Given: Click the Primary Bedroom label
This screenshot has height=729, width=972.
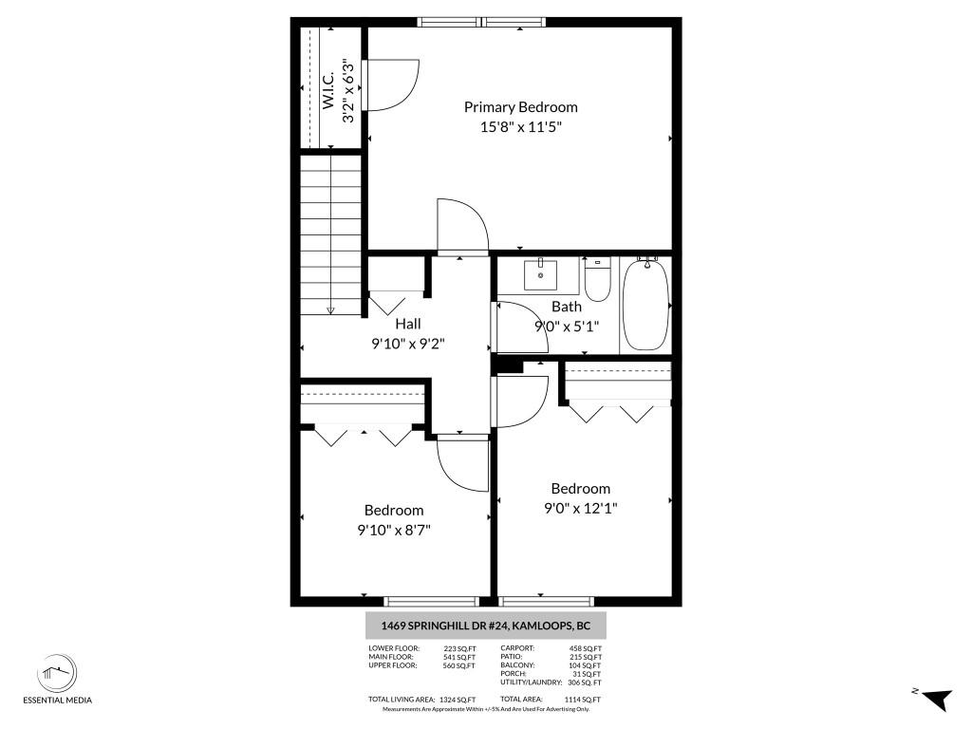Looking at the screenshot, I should (520, 107).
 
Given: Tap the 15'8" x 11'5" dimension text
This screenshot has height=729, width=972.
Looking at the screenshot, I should (520, 126).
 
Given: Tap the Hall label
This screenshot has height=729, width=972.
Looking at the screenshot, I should (408, 325).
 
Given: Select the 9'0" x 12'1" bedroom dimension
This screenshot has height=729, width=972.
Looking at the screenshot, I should (580, 508).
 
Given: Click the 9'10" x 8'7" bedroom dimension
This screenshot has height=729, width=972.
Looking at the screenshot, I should (394, 530).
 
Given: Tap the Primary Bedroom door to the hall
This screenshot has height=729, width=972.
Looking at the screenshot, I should (461, 228).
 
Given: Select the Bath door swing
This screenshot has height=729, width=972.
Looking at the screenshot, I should (517, 327).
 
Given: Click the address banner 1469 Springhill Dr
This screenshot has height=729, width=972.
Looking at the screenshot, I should (486, 626).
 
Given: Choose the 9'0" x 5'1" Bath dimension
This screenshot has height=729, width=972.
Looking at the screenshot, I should (567, 326).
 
